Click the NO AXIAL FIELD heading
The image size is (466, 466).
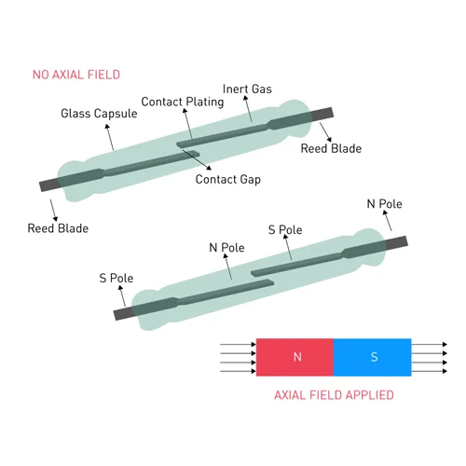[x=76, y=75]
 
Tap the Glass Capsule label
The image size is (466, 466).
[x=99, y=114]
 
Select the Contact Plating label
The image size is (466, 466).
[x=183, y=102]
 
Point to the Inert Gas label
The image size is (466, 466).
[x=247, y=89]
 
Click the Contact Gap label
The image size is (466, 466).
[x=228, y=180]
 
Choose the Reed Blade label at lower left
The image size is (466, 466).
[x=58, y=228]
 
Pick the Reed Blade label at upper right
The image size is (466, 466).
[x=331, y=148]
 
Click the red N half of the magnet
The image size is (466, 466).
[x=295, y=357]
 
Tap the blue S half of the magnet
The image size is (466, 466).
[x=373, y=357]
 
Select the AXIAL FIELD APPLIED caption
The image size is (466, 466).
[x=334, y=395]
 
